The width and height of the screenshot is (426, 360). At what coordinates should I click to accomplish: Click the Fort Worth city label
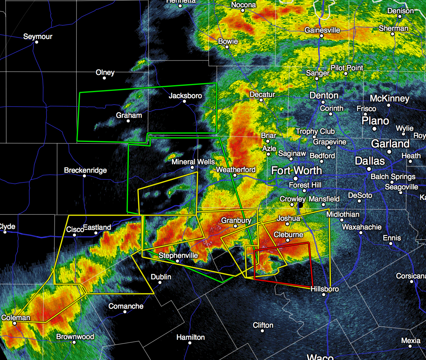pos(296,171)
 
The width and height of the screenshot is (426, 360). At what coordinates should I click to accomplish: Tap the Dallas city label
pos(370,161)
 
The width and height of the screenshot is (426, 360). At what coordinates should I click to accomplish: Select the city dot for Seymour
pos(37,42)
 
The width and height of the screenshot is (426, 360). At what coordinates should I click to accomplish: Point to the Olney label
pos(105,72)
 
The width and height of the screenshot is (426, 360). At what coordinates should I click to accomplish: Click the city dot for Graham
pos(128,121)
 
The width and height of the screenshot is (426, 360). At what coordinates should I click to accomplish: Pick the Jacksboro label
pos(185,96)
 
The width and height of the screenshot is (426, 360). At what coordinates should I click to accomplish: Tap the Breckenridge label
pos(86,170)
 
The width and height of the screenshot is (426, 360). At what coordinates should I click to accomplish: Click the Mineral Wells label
pos(193,162)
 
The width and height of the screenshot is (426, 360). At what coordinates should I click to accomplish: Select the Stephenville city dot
pos(178,261)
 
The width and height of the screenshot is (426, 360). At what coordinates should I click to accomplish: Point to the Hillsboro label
pos(325,289)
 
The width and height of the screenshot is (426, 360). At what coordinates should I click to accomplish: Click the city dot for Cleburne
pos(288,240)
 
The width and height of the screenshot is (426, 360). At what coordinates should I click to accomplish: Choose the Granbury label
pos(236,220)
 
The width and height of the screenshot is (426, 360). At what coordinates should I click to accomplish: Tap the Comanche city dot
pos(125,312)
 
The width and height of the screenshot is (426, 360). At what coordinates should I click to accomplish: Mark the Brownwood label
pos(75,337)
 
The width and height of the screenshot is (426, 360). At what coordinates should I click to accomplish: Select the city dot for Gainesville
pos(322,36)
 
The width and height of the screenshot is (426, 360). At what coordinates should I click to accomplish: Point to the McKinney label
pos(389,98)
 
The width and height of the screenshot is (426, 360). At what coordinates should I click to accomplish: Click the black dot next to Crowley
pos(300,205)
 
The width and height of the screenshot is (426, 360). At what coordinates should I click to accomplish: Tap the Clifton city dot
pos(262,331)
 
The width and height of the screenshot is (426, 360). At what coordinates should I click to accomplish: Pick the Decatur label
pos(262,95)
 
